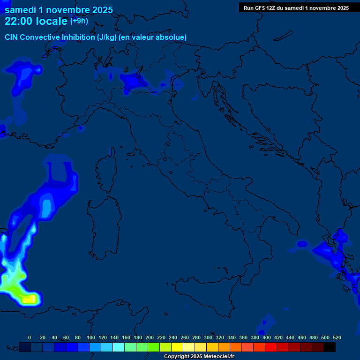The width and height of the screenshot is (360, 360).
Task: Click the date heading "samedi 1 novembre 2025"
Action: point(59,10)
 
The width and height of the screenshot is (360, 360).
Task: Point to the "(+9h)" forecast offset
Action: point(79,21)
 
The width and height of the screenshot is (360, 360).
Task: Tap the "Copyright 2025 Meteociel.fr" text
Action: point(199,357)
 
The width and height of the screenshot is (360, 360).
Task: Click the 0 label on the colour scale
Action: point(30,337)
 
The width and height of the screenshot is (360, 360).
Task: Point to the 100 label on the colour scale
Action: point(91,337)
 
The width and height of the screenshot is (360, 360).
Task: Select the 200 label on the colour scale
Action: point(150,337)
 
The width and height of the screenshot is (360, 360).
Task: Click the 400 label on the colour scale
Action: point(267,337)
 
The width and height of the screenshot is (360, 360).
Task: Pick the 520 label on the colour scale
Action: point(337,337)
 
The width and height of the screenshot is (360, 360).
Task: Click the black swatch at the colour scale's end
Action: point(330,347)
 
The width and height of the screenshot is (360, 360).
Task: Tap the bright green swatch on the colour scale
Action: point(154,347)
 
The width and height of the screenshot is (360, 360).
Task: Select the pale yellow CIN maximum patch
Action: point(30,298)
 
